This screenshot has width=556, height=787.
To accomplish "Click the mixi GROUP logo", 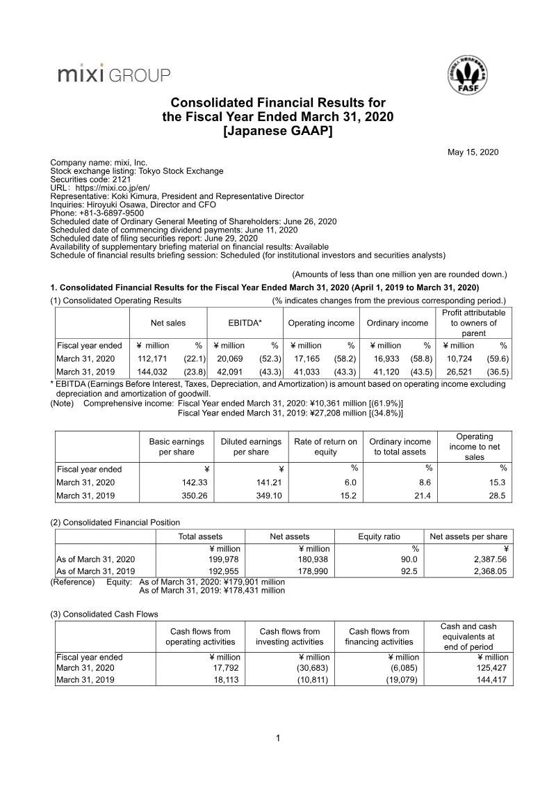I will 113,74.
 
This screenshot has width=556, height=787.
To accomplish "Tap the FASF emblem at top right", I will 466,76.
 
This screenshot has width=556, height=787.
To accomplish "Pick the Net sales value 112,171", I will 155,358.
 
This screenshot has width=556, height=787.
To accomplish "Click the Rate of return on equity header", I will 325,447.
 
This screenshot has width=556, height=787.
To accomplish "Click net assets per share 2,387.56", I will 489,559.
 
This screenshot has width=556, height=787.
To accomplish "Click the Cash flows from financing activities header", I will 379,637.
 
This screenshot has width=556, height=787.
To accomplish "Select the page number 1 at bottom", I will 278,738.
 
